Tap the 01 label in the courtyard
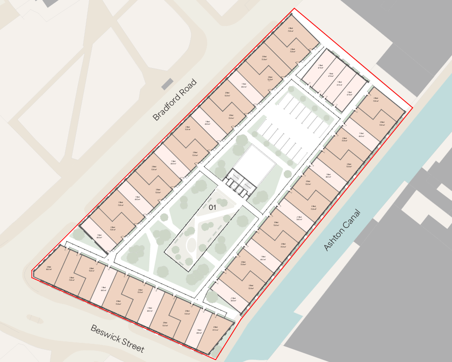[213, 207]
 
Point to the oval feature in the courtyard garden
[191, 245]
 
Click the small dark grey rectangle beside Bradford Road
[167, 84]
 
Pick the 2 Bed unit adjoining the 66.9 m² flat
[71, 277]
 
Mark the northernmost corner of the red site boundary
[294, 9]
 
